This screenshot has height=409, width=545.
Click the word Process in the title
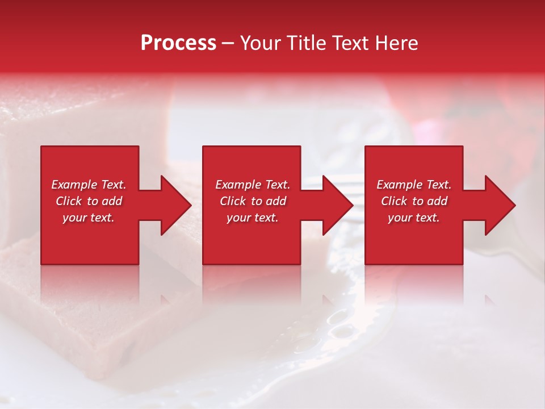coord(178,43)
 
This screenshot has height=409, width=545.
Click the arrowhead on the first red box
coord(175,205)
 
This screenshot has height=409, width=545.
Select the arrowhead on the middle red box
coord(337,205)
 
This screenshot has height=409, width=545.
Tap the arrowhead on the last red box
coord(498,205)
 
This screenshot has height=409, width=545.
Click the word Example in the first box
coord(74,185)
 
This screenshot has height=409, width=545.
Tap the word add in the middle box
coord(275,201)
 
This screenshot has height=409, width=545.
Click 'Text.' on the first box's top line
coord(114,185)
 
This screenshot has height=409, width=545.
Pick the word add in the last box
coord(437,201)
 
